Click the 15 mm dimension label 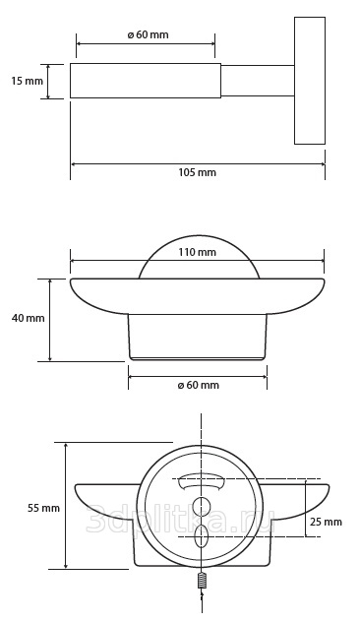27,82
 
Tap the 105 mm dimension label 197,172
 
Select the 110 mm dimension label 197,252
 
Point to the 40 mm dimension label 29,318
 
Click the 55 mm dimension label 43,508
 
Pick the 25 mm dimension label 326,522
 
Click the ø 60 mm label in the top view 148,34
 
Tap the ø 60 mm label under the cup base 199,385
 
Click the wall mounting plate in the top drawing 310,81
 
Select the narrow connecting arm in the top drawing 258,81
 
